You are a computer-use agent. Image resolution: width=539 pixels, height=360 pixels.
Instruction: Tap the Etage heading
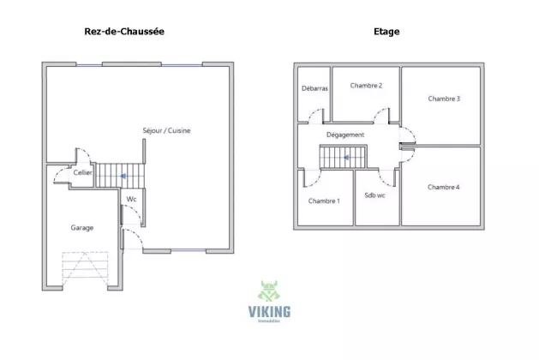[x=386, y=32]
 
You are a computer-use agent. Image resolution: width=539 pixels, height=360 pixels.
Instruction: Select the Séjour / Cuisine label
[x=166, y=131]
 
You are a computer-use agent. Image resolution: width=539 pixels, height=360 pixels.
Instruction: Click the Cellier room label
[x=82, y=172]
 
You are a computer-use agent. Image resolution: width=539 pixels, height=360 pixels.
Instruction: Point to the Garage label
[x=82, y=227]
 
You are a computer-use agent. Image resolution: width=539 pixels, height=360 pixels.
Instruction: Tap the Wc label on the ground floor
[x=131, y=199]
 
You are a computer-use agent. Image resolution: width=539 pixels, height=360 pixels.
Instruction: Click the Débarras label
[x=314, y=88]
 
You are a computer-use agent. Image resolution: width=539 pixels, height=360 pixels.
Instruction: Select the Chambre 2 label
[x=367, y=86]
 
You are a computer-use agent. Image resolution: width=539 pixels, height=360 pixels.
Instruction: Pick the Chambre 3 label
[x=444, y=99]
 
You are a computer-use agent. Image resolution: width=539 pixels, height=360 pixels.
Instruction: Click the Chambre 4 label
[x=443, y=187]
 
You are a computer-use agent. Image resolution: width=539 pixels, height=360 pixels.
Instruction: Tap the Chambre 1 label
[x=324, y=201]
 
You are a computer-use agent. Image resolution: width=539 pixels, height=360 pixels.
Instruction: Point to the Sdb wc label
[x=375, y=195]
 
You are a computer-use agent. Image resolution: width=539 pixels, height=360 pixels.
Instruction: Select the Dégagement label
[x=345, y=135]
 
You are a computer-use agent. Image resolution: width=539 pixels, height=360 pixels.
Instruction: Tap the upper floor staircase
[x=343, y=158]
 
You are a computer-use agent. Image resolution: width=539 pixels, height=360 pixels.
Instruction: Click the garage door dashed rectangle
[x=85, y=271]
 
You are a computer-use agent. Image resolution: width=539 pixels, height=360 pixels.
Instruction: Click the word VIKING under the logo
[x=268, y=312]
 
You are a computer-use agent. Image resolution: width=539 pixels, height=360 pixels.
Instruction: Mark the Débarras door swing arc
[x=315, y=113]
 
